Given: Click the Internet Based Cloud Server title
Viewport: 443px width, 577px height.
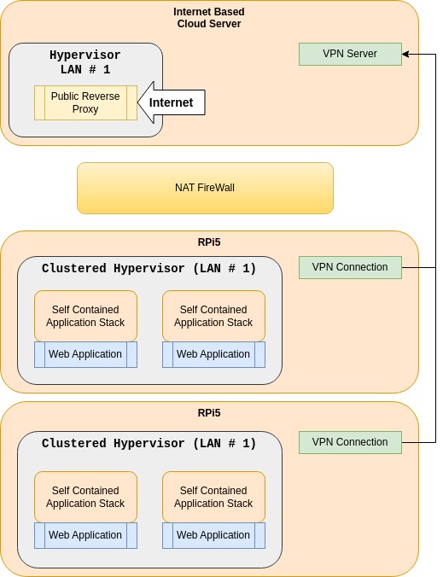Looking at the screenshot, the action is pyautogui.click(x=209, y=18).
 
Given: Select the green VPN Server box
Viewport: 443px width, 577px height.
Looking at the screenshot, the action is pyautogui.click(x=350, y=54).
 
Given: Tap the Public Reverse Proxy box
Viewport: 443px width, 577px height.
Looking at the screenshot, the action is pyautogui.click(x=85, y=102).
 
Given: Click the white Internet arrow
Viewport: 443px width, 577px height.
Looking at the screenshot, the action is pyautogui.click(x=171, y=102).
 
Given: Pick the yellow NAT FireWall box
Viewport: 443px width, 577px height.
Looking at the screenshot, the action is pyautogui.click(x=206, y=188).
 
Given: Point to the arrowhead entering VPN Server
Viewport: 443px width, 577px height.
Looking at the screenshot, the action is pyautogui.click(x=405, y=55).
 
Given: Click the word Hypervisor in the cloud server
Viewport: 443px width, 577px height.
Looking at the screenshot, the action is pyautogui.click(x=85, y=55).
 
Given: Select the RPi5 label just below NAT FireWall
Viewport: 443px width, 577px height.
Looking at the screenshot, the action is pyautogui.click(x=209, y=242).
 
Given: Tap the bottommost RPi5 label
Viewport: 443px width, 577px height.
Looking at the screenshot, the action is pyautogui.click(x=209, y=413).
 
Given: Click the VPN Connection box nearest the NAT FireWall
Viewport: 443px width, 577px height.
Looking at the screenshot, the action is pyautogui.click(x=350, y=267).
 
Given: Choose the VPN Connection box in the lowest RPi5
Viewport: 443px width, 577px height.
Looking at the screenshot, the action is pyautogui.click(x=350, y=442).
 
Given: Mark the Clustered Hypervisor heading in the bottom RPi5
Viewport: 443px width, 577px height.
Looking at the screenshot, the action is pyautogui.click(x=149, y=444).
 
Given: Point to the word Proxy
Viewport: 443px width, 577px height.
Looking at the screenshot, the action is pyautogui.click(x=85, y=109).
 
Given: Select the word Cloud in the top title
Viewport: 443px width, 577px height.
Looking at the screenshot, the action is pyautogui.click(x=192, y=24).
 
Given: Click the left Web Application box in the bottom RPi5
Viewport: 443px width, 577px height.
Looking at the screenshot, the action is pyautogui.click(x=85, y=535).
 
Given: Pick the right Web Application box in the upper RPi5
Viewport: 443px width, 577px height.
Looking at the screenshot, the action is pyautogui.click(x=213, y=354).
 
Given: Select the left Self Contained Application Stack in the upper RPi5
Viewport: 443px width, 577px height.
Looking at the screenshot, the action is pyautogui.click(x=85, y=316).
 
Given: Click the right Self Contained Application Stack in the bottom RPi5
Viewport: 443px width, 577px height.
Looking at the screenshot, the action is pyautogui.click(x=213, y=497).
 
